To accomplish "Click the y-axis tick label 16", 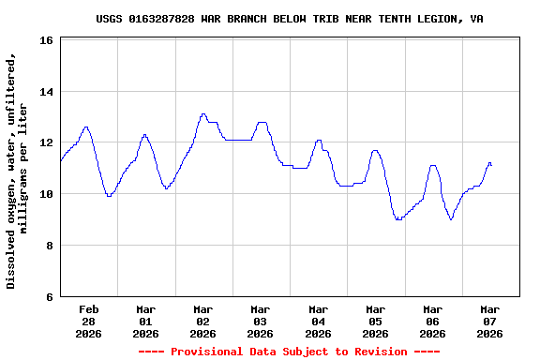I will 46,41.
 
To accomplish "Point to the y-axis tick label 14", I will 46,92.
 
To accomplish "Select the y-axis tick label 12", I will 46,143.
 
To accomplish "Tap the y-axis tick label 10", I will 46,194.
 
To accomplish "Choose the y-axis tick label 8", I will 49,246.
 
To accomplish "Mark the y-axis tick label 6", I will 49,296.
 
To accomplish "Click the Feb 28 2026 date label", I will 89,321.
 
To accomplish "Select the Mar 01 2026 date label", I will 146,321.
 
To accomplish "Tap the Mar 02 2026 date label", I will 203,321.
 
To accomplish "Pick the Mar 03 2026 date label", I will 261,321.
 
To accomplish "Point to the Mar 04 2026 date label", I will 318,321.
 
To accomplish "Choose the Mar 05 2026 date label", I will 375,321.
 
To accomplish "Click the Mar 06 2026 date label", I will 432,321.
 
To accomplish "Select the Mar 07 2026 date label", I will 489,321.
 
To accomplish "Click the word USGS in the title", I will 110,19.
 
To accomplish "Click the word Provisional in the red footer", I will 205,352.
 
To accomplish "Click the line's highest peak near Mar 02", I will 203,114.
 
